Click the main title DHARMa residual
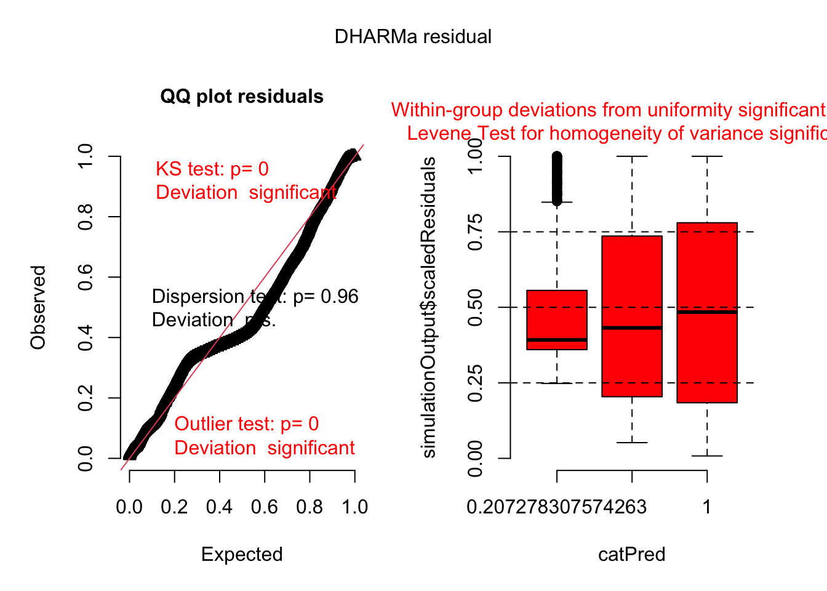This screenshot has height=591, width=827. [413, 37]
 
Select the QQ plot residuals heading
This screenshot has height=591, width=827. [242, 97]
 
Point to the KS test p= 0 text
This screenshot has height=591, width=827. [212, 169]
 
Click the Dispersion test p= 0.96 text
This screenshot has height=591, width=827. [255, 297]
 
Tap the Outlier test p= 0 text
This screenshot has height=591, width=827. [247, 424]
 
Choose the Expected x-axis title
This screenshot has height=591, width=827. [242, 555]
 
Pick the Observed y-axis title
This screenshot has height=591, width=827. [38, 307]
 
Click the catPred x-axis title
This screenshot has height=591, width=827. [632, 555]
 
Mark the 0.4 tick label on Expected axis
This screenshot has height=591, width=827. [220, 507]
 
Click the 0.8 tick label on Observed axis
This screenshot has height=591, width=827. [86, 217]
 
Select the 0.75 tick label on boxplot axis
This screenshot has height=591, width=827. [476, 232]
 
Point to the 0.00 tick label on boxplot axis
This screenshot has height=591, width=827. [476, 458]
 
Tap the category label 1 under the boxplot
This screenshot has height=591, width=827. [707, 507]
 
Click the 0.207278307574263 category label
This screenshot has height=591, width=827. [557, 507]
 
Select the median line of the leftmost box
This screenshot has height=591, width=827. [557, 340]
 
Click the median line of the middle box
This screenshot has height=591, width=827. [632, 328]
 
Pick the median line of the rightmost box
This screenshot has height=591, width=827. [707, 312]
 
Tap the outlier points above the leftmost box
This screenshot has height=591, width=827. [557, 179]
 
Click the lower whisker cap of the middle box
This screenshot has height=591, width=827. [632, 443]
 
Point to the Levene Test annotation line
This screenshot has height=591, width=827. [615, 134]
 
